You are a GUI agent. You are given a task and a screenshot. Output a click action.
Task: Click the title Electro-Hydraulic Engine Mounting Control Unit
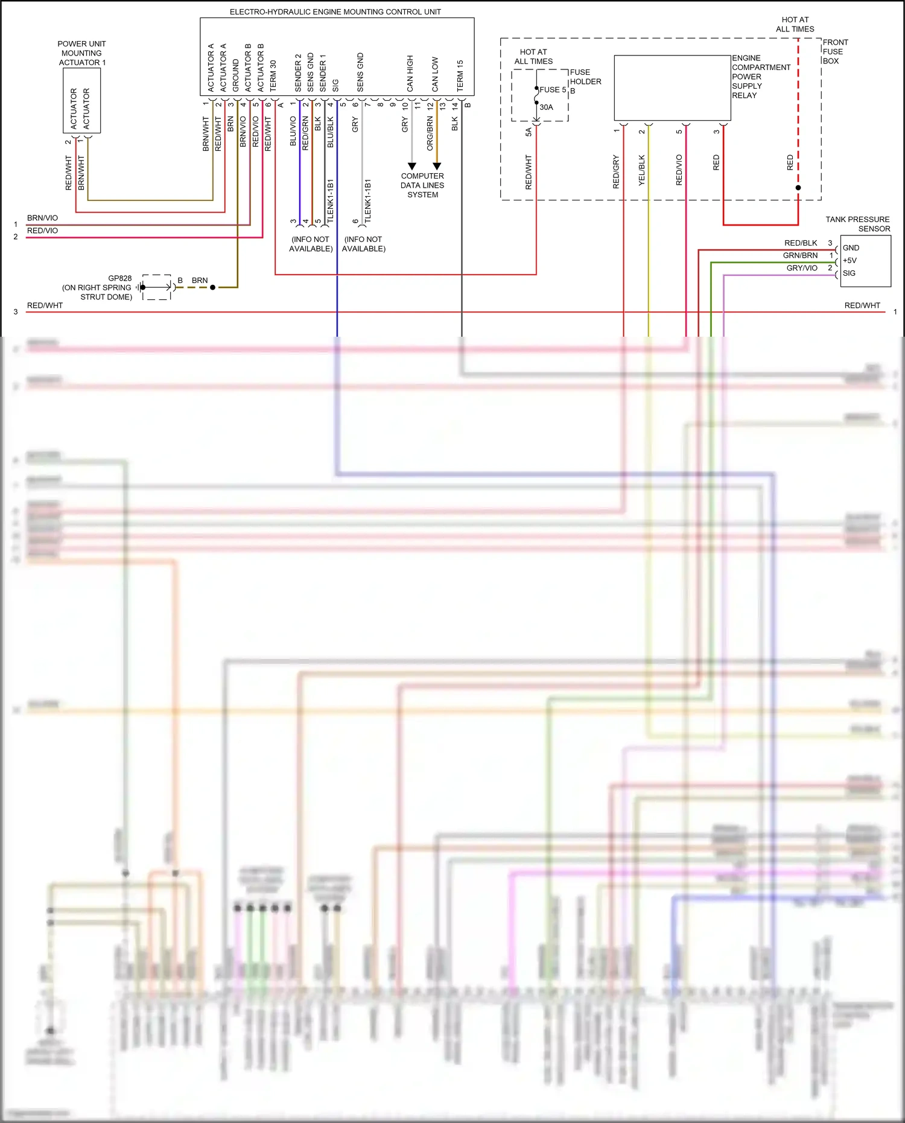pos(335,12)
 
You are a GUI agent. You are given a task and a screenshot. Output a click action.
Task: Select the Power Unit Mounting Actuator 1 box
pos(81,100)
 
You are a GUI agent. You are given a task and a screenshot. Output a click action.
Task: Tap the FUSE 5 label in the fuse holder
pos(553,90)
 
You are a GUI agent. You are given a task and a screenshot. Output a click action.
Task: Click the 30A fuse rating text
pos(546,107)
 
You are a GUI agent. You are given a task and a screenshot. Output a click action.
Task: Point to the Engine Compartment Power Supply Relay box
pos(672,88)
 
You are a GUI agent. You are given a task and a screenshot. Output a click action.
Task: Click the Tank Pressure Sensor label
pos(857,224)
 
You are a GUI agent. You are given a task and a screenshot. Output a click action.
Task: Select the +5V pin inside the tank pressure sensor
pos(849,261)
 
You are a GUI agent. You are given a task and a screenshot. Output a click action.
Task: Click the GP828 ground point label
pos(119,278)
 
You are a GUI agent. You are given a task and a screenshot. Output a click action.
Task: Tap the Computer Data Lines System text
pos(422,185)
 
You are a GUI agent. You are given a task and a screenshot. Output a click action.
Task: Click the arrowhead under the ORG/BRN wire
pos(437,166)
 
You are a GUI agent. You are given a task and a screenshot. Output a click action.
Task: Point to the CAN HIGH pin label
pos(410,74)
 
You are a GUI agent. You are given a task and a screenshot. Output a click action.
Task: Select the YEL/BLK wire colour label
pos(642,170)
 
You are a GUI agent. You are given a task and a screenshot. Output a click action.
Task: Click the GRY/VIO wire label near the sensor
pos(802,268)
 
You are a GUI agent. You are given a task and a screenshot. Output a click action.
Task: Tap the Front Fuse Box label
pos(835,51)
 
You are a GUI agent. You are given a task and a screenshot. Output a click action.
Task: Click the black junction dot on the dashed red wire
pos(798,188)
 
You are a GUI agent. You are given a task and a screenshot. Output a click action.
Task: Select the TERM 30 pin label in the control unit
pos(273,75)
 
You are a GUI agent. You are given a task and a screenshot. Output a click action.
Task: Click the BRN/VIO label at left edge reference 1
pos(42,218)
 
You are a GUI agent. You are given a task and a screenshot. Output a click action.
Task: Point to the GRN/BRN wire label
pos(800,255)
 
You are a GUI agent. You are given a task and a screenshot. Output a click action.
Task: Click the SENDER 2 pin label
pos(298,73)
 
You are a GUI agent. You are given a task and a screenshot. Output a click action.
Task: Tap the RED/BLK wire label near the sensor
pos(801,243)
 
